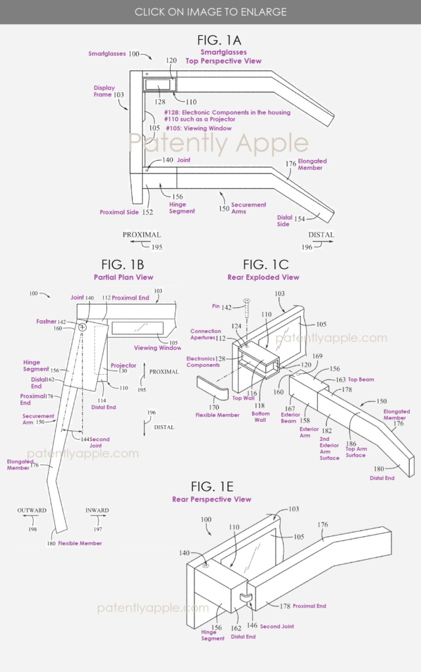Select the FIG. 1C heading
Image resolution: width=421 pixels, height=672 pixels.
coord(265,264)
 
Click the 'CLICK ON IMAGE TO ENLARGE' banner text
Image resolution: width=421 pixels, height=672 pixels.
coord(210,12)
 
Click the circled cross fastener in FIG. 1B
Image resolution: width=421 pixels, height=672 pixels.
coord(83,327)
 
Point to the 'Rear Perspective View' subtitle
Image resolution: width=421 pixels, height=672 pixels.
coord(211,499)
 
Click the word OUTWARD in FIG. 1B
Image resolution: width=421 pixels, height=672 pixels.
coord(32,510)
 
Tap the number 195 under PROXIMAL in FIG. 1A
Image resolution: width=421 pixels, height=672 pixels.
coord(157,247)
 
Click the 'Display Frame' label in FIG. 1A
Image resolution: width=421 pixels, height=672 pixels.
coord(104,91)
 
